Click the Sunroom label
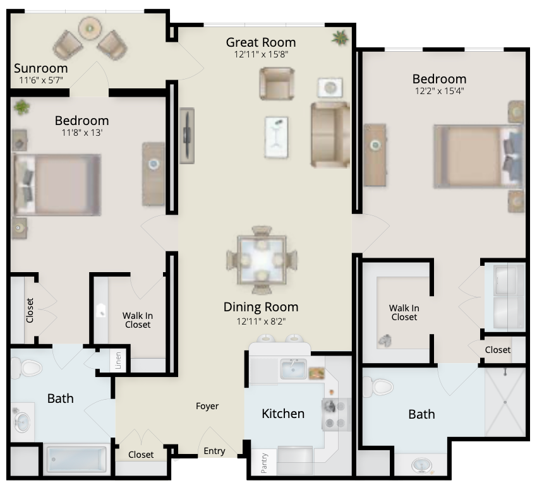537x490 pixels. pos(41,68)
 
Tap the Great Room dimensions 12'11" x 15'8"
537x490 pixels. pos(261,54)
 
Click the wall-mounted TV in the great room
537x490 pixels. pos(187,136)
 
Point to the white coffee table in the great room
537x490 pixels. pos(276,137)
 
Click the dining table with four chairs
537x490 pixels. pos(262,260)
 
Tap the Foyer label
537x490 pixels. pos(207,406)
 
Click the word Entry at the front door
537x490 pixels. pos(214,451)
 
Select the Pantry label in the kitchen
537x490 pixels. pos(263,463)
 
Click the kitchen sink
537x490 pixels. pos(294,369)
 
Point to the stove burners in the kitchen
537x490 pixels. pos(336,414)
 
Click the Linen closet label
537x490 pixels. pos(118,361)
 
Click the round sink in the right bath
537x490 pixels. pos(422,466)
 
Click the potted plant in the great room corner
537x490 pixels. pos(340,37)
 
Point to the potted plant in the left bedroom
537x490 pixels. pos(21,107)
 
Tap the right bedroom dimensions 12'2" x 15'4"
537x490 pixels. pos(440,91)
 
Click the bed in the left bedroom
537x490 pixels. pos(57,185)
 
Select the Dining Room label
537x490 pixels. pos(261,307)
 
